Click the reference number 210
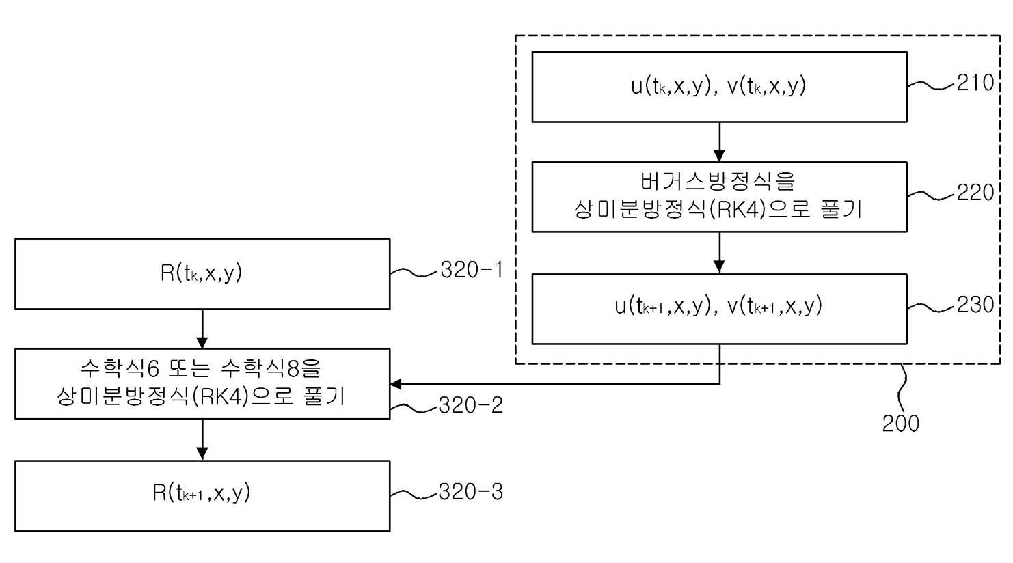click(975, 83)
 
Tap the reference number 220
click(975, 193)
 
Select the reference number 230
click(975, 305)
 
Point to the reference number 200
click(901, 424)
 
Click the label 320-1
click(472, 271)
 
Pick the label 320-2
click(471, 405)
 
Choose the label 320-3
click(471, 492)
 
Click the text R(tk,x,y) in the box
click(201, 273)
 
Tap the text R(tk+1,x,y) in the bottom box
click(201, 493)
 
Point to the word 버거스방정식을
click(718, 181)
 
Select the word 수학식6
click(120, 368)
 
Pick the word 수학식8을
click(271, 368)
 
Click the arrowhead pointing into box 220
click(719, 155)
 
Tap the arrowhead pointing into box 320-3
click(202, 454)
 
